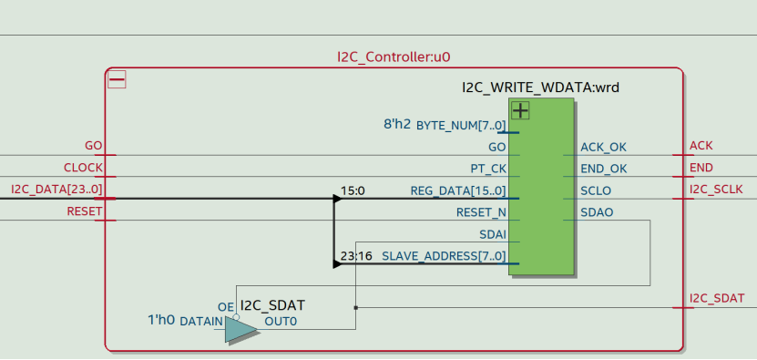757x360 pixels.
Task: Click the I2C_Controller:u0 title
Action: pyautogui.click(x=394, y=57)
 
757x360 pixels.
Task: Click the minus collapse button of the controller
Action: pyautogui.click(x=117, y=80)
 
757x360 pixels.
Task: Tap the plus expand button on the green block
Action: pyautogui.click(x=520, y=111)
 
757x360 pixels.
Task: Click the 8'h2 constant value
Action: pyautogui.click(x=397, y=124)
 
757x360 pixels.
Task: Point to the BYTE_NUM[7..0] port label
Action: pyautogui.click(x=461, y=125)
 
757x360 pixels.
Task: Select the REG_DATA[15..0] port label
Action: pyautogui.click(x=458, y=190)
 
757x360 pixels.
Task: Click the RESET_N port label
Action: pyautogui.click(x=481, y=212)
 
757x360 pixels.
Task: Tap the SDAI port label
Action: pyautogui.click(x=493, y=234)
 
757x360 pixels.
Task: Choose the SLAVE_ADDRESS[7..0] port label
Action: pyautogui.click(x=444, y=256)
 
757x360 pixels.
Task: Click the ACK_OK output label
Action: pyautogui.click(x=603, y=147)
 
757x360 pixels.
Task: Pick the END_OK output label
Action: pyautogui.click(x=603, y=169)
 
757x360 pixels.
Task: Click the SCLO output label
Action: pyautogui.click(x=596, y=190)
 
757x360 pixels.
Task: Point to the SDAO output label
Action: pyautogui.click(x=597, y=212)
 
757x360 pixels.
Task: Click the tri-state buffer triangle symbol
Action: pyautogui.click(x=240, y=330)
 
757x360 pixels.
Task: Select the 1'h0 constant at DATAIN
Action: pyautogui.click(x=161, y=321)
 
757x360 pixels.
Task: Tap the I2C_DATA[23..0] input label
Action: pyautogui.click(x=56, y=190)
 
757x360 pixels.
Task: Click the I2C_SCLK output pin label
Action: pyautogui.click(x=716, y=190)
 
